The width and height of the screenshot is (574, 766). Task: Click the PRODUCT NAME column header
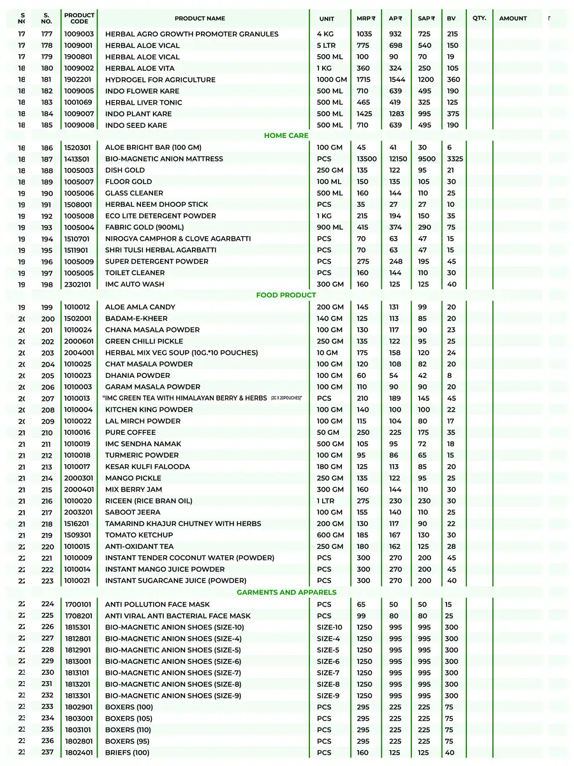[200, 19]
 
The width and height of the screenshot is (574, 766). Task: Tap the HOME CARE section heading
[286, 136]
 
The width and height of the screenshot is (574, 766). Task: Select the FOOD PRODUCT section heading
[286, 296]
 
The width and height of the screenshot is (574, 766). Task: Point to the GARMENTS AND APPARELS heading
[286, 592]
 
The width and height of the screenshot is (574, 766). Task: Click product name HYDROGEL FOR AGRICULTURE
[160, 80]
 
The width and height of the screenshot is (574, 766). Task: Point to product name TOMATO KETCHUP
[139, 535]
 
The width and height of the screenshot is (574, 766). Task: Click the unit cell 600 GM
[330, 535]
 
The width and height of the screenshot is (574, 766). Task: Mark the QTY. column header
[480, 18]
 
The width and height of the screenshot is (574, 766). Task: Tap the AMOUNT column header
[513, 19]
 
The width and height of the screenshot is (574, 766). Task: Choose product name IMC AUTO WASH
[135, 285]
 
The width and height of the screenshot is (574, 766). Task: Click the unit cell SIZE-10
[330, 627]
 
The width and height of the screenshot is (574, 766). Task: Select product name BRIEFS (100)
[128, 753]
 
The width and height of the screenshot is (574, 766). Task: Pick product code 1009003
[78, 34]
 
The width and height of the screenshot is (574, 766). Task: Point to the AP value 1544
[396, 80]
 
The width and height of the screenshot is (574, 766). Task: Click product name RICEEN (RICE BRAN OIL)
[149, 501]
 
